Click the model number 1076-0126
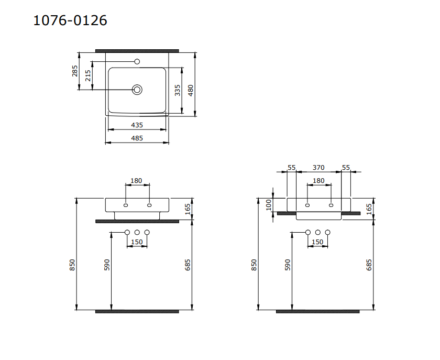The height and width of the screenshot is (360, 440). coord(70,20)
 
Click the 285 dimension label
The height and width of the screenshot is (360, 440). coord(75,71)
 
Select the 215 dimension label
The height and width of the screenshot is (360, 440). coord(88,75)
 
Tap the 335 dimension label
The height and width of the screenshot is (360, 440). coord(178,90)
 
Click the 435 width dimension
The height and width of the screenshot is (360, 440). coord(137,125)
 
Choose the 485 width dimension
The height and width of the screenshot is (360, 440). coord(137,138)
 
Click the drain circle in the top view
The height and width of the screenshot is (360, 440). coord(137,90)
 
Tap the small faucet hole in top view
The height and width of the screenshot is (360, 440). coord(137,62)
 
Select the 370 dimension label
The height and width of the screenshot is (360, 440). coord(318,168)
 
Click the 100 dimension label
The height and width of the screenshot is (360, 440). coord(269,204)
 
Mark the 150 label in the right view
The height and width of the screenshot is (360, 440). coord(317,242)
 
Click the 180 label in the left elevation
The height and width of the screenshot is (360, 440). coord(136,181)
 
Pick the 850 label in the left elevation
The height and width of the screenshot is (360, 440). coord(73,265)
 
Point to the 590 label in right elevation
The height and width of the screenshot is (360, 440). coord(287,265)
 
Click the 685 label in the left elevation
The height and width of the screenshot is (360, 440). coord(188,265)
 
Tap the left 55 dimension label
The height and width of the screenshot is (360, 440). coord(292,168)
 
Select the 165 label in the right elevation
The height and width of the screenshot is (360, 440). coord(369,209)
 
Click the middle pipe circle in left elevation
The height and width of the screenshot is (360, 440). coord(137,232)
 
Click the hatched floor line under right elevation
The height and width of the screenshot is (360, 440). coord(317,311)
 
